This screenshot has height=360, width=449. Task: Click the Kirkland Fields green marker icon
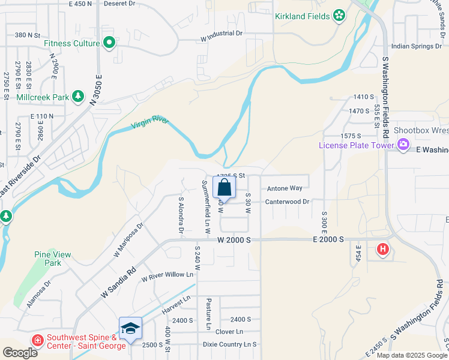pos(339,14)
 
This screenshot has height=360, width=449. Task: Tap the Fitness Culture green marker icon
pos(109,43)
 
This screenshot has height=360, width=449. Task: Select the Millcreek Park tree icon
pos(77,96)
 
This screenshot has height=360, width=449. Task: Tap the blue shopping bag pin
pos(224,187)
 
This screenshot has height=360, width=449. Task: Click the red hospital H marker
pos(382,248)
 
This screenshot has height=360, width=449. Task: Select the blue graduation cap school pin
pos(130,328)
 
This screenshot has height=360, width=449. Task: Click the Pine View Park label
pos(53,259)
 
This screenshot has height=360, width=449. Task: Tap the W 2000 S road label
pos(234,239)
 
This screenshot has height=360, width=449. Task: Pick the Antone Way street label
pos(285,188)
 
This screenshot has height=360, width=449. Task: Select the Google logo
pos(20,352)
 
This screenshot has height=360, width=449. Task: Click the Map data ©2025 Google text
pos(411,355)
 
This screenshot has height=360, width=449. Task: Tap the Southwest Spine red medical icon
pos(37,340)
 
